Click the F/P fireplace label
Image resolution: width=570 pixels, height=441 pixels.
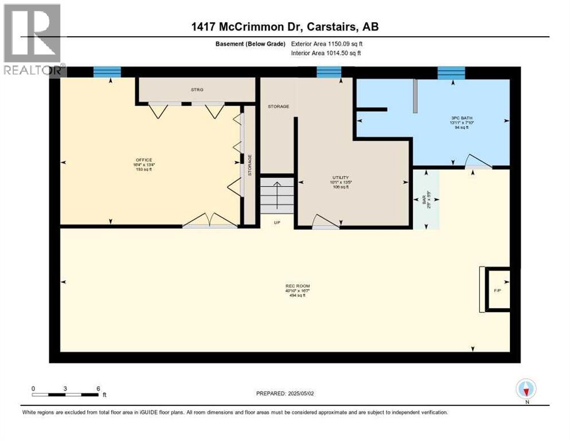click(497, 291)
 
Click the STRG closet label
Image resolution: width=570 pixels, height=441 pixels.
click(198, 90)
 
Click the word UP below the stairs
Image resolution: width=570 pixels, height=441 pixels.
click(276, 222)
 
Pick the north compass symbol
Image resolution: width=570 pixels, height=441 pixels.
click(526, 389)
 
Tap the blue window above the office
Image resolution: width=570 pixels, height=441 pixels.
click(107, 72)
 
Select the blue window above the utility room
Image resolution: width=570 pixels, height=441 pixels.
click(329, 72)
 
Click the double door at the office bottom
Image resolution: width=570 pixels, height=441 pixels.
click(210, 221)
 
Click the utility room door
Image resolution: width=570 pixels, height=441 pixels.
click(325, 223)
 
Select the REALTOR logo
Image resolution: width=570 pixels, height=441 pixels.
click(33, 40)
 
